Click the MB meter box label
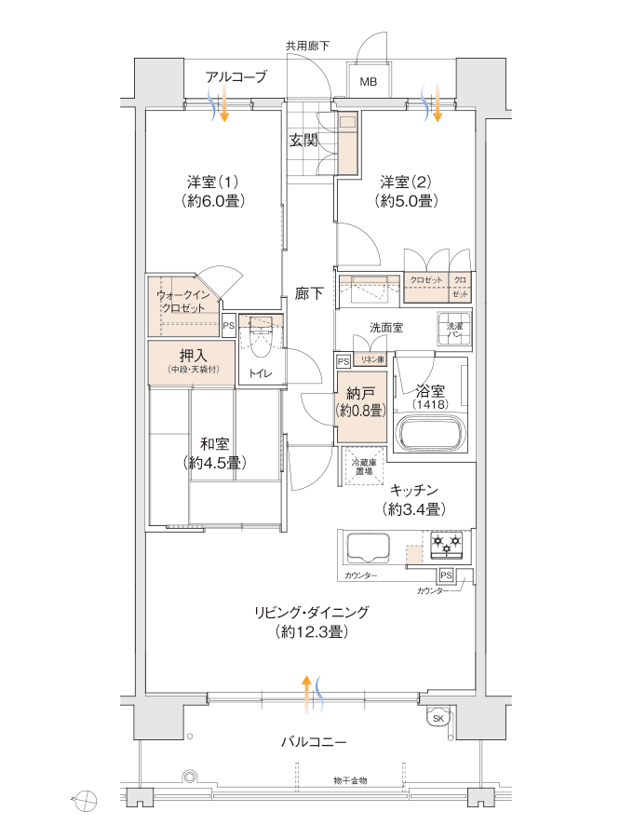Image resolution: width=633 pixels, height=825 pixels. click(370, 83)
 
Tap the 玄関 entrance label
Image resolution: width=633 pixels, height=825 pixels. click(303, 141)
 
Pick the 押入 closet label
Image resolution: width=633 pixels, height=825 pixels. click(194, 355)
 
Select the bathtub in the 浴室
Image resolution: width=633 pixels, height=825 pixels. click(429, 432)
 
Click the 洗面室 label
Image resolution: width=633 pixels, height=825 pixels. click(385, 328)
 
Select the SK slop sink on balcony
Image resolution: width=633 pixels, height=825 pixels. click(438, 718)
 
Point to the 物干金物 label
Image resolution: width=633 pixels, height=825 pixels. click(350, 780)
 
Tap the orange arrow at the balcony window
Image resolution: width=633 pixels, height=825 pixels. click(306, 694)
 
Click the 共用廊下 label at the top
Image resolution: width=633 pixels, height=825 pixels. click(307, 46)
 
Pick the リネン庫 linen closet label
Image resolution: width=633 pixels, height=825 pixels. click(374, 360)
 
